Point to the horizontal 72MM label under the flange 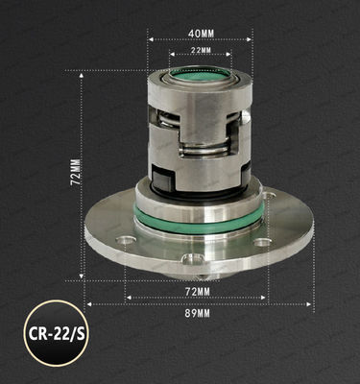click(197, 289)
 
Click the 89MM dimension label click(199, 310)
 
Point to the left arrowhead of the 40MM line click(150, 39)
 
